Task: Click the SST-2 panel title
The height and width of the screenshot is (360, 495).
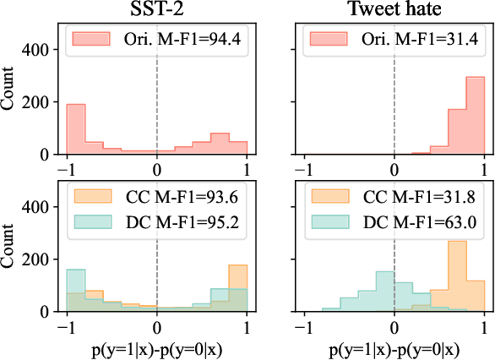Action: point(156,10)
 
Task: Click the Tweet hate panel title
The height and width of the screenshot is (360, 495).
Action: point(394,10)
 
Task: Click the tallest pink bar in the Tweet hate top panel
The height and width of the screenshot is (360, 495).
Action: point(475,117)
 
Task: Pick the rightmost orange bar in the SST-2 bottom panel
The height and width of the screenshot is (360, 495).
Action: point(237,288)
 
